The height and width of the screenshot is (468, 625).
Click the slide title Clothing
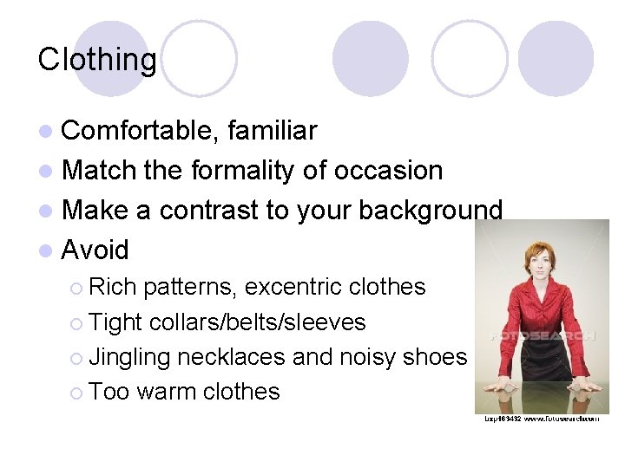(x=97, y=60)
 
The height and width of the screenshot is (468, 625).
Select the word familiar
(x=272, y=131)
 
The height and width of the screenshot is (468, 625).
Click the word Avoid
(x=95, y=250)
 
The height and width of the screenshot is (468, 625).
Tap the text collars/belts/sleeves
(x=257, y=322)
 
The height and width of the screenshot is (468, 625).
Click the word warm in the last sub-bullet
(x=166, y=392)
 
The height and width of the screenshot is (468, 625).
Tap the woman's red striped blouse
(x=542, y=316)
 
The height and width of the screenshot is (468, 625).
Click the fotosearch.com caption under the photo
(x=542, y=419)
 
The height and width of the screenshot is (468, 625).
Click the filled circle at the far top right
(x=556, y=58)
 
